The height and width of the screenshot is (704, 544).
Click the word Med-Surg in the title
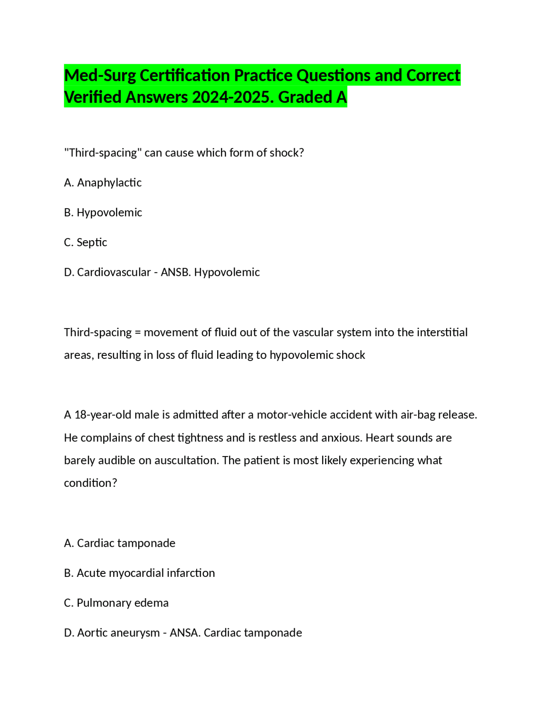pos(100,76)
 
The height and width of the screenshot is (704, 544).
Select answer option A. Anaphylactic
pos(103,183)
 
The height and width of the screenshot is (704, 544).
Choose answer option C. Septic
pos(85,242)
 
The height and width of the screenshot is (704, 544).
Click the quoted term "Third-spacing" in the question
pos(103,153)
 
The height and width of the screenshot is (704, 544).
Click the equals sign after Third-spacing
pos(137,332)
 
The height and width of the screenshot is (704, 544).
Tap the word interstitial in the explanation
pos(442,332)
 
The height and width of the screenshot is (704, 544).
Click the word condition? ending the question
pos(90,483)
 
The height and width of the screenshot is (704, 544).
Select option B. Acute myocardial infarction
pos(139,573)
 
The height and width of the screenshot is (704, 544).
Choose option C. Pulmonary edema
pos(116,603)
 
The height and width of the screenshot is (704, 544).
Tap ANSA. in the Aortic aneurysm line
pos(185,633)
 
